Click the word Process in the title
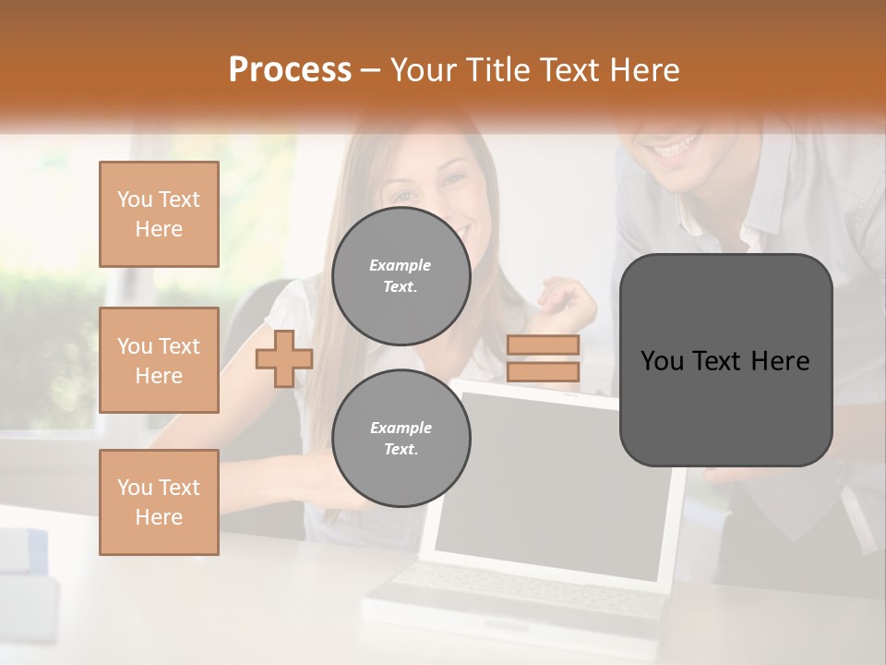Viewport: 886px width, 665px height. coord(290,69)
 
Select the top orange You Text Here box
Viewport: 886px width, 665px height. coord(159,214)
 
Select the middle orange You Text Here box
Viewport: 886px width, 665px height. coord(159,360)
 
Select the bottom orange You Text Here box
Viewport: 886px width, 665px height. coord(159,502)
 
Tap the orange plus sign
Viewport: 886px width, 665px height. coord(283,358)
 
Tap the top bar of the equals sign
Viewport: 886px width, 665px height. coord(543,345)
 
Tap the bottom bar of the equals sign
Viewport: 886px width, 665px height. coord(543,372)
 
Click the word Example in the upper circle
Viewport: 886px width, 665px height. coord(401,265)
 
